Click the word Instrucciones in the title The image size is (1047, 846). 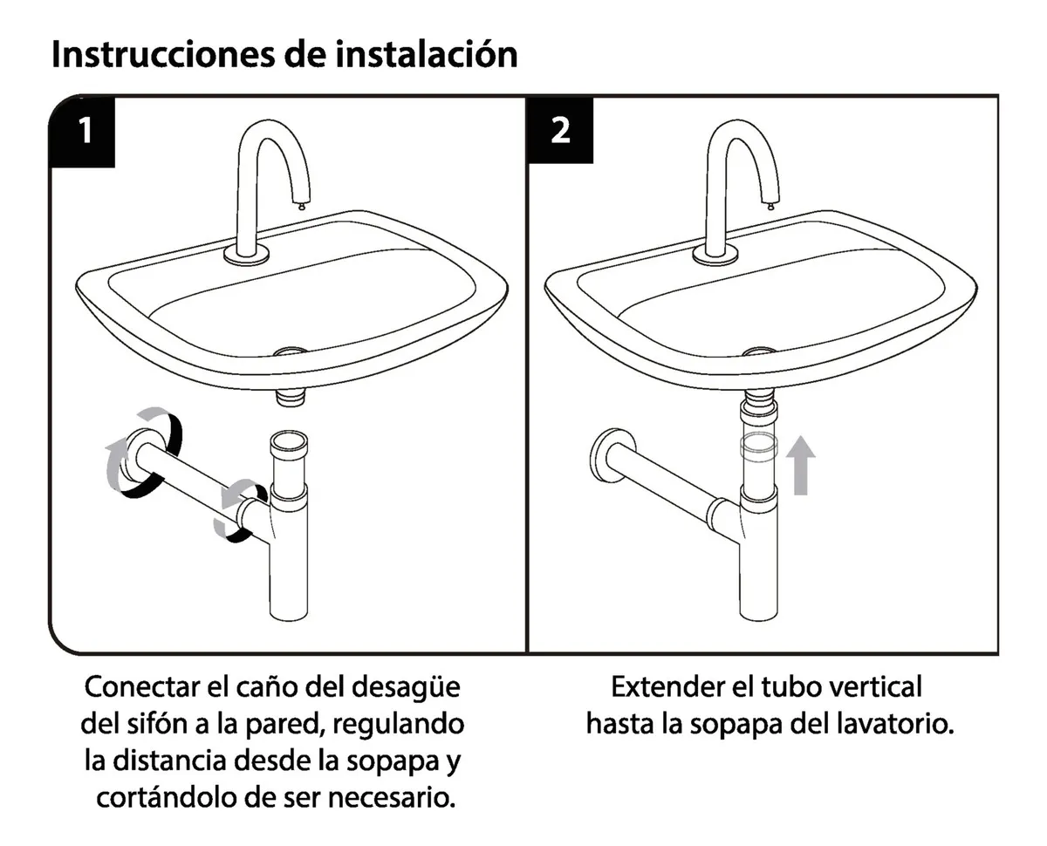coord(163,54)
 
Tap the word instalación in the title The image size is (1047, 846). coord(426,54)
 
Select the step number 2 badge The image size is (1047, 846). coord(560,130)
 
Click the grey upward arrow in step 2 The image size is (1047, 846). coord(800,465)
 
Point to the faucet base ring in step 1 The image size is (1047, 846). coord(247,256)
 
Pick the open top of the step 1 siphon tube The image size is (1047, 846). coord(289,438)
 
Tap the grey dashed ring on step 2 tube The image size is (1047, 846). coord(758,447)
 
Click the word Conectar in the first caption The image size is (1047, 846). coord(144,686)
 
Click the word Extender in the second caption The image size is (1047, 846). coord(667,686)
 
